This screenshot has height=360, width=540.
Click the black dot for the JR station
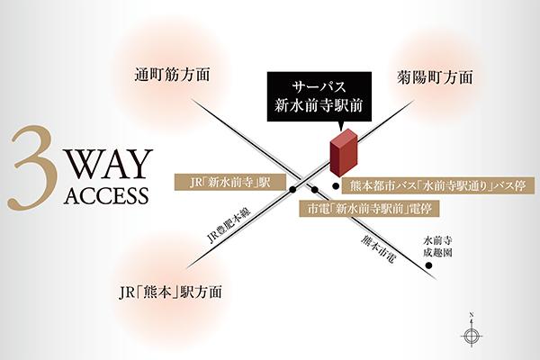coord(293,189)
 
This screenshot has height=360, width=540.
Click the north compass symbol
coord(470,333)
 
